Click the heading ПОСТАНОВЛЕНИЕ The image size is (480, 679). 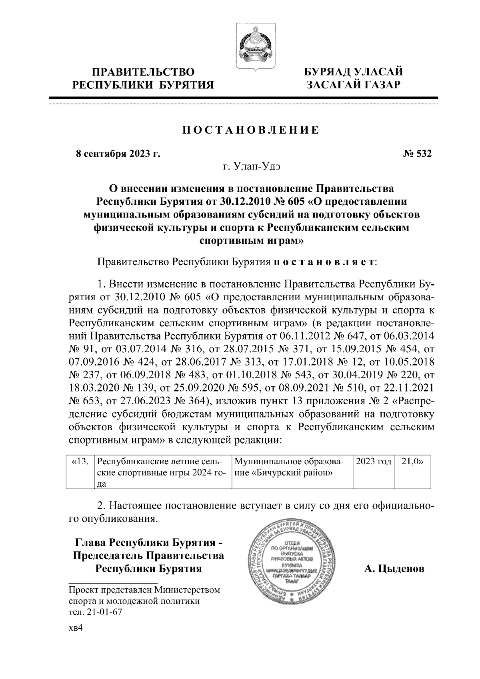(x=251, y=131)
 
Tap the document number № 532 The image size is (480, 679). (x=417, y=154)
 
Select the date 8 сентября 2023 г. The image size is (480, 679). (x=118, y=154)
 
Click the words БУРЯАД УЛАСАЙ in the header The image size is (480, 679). (x=353, y=72)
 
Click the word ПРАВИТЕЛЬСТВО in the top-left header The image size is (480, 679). (x=144, y=72)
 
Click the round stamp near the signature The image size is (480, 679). (x=293, y=565)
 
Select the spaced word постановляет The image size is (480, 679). (x=324, y=262)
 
